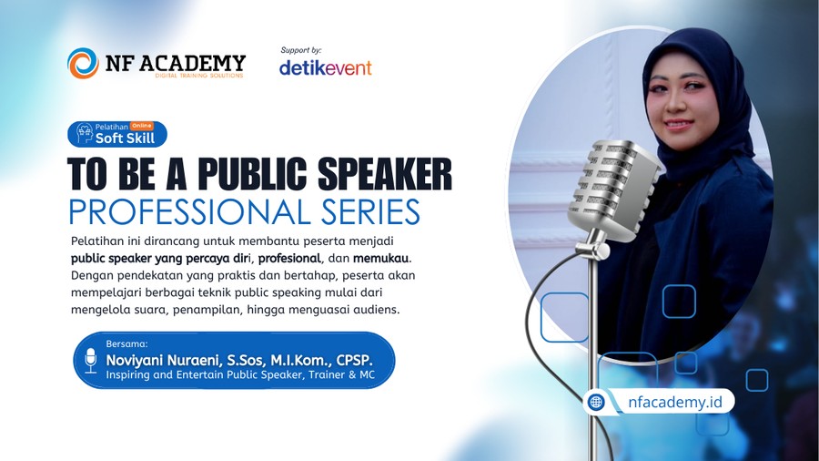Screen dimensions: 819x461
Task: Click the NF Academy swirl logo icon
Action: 83,63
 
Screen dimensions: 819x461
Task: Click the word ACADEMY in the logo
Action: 192,63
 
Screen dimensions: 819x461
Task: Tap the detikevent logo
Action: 326,67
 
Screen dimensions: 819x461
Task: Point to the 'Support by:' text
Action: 301,50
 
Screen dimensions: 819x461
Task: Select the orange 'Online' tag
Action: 142,126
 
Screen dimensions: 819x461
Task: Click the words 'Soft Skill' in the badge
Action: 125,138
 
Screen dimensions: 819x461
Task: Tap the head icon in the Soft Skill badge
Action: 84,133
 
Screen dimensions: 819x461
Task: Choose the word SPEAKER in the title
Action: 384,173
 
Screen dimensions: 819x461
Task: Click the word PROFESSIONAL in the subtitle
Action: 190,211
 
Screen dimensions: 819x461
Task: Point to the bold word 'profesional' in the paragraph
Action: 289,258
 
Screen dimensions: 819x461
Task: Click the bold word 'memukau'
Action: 380,258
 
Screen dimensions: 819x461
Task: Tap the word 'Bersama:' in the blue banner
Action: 126,343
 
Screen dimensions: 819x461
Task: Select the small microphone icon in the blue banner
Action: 91,361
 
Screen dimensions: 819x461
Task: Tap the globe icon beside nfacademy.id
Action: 596,402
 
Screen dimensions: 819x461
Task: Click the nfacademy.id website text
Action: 675,402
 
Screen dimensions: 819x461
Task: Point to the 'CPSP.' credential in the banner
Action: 355,360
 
